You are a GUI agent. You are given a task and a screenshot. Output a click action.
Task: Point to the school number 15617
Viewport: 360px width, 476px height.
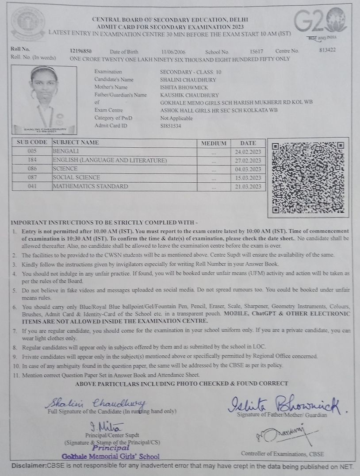point(257,52)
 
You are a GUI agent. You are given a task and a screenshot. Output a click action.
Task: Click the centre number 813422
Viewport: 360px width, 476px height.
point(327,50)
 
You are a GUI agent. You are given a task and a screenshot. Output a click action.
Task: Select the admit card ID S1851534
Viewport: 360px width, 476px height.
point(171,126)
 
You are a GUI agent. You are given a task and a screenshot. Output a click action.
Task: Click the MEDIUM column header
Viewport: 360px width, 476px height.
point(214,143)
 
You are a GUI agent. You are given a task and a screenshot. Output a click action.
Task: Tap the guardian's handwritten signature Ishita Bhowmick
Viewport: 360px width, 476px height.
point(283,403)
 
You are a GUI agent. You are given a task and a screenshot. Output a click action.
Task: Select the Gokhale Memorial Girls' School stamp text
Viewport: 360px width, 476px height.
point(111,456)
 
